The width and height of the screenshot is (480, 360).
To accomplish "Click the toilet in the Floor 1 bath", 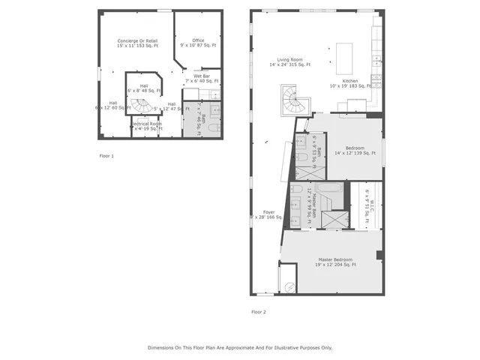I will coord(213,129).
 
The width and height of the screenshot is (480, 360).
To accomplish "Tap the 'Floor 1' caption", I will coord(106,156).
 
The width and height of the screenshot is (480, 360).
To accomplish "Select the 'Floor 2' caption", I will coord(258,311).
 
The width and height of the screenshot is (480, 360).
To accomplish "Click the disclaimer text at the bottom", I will coord(239,348).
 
